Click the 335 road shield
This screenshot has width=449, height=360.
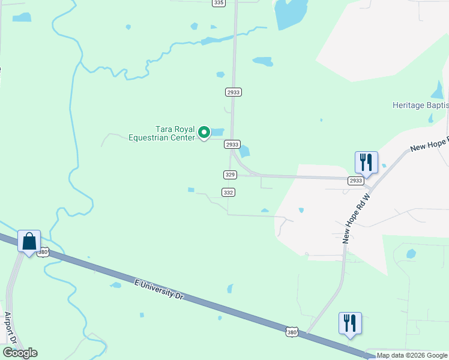(x=218, y=3)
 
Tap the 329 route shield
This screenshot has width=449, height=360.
(x=230, y=175)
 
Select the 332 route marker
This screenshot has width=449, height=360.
(x=228, y=193)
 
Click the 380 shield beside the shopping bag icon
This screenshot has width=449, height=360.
(x=43, y=253)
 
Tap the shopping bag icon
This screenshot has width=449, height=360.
(x=29, y=242)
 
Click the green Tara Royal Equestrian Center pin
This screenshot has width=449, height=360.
(x=204, y=132)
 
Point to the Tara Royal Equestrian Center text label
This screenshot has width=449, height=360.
(x=162, y=133)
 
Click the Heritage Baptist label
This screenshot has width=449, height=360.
(x=420, y=105)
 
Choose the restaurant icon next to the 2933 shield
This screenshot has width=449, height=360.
(x=366, y=162)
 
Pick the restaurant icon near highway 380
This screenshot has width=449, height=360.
(x=349, y=323)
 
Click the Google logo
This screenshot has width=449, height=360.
(x=20, y=353)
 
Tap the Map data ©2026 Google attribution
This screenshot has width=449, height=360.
(x=412, y=356)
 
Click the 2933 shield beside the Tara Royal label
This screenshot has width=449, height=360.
(x=232, y=145)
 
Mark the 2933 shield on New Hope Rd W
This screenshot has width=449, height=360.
(x=356, y=181)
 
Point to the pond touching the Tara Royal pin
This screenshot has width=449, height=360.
(x=217, y=132)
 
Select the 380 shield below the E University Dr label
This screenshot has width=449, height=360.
(x=292, y=332)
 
